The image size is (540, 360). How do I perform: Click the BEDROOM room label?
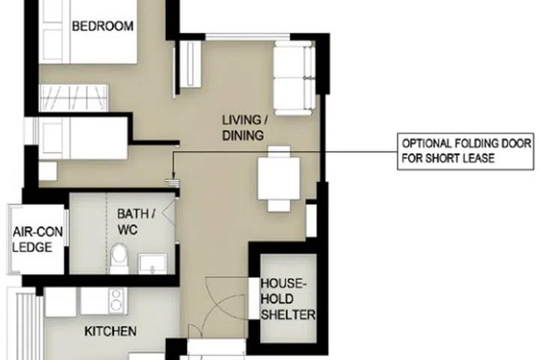pyautogui.click(x=102, y=26)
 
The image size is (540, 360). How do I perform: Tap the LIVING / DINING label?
pyautogui.click(x=242, y=127)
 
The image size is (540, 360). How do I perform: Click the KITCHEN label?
pyautogui.click(x=109, y=331)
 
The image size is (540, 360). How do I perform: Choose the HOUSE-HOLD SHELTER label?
pyautogui.click(x=287, y=299)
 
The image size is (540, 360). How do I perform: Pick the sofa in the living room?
pyautogui.click(x=293, y=78)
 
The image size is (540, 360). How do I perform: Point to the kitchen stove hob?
pyautogui.click(x=116, y=300)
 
